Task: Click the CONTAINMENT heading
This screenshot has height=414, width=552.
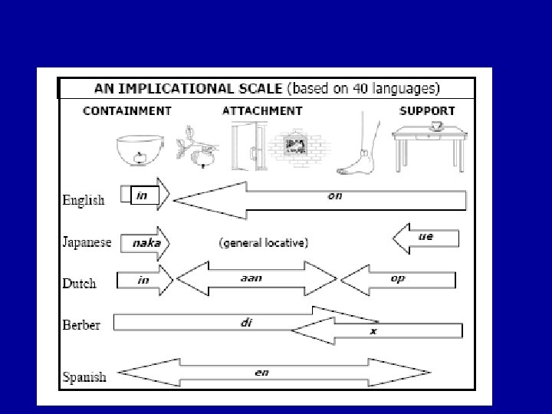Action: click(127, 111)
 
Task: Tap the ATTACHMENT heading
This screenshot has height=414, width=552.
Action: click(262, 111)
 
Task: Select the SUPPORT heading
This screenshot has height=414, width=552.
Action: click(427, 111)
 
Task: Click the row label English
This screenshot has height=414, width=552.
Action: click(84, 200)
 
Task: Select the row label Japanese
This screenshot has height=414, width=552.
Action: click(87, 242)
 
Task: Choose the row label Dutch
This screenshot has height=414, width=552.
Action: click(80, 284)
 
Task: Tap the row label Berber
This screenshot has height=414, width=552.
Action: click(81, 324)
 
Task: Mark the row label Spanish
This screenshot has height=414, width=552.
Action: click(84, 376)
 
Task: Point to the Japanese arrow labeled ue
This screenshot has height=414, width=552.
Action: click(426, 238)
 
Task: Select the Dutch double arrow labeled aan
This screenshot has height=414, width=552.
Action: click(256, 279)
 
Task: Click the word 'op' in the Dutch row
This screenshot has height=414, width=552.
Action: click(397, 279)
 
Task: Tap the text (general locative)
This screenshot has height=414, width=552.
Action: click(264, 243)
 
